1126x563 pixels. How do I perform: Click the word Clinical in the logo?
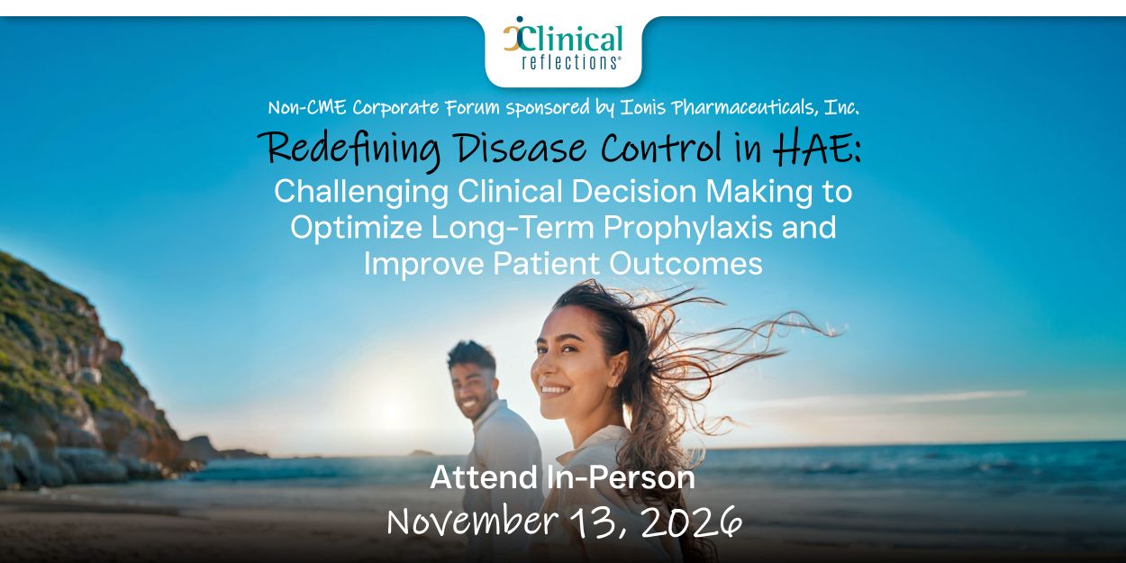(569, 39)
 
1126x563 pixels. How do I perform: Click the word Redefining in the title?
(351, 150)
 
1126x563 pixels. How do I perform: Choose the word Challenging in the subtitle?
(361, 193)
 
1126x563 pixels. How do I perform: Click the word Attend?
(484, 477)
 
